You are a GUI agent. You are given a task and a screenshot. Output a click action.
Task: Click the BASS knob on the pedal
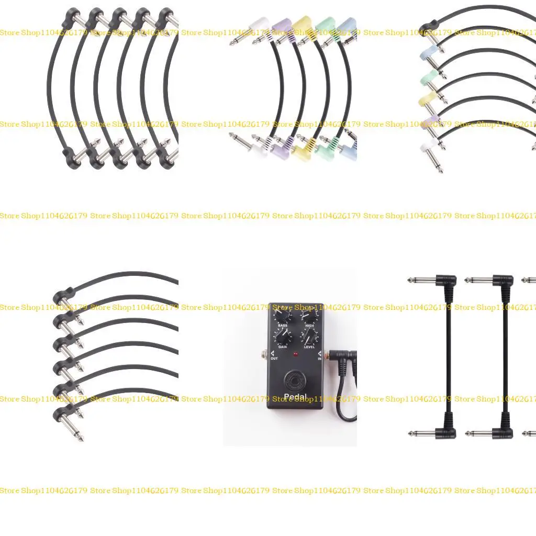tap(283, 316)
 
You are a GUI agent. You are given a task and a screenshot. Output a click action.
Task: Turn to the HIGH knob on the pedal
tap(309, 316)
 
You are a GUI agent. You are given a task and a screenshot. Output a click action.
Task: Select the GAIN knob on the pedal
tap(283, 337)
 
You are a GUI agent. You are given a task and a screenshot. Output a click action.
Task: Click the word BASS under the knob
tap(283, 326)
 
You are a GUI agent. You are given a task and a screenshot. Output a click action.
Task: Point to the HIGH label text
tap(309, 326)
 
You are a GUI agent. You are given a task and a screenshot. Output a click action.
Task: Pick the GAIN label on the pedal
tap(283, 347)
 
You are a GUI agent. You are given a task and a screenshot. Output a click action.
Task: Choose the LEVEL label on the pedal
tap(309, 347)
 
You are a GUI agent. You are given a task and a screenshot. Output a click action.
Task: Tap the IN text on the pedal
tap(319, 359)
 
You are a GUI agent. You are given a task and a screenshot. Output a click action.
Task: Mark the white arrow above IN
tap(319, 353)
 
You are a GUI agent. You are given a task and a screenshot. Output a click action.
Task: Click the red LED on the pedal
tap(296, 355)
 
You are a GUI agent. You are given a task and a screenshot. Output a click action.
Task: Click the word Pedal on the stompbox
tap(296, 397)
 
